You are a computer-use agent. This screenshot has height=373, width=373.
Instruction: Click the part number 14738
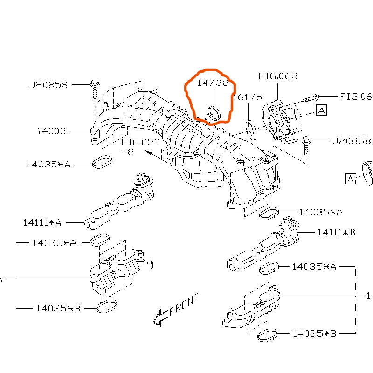tap(213, 83)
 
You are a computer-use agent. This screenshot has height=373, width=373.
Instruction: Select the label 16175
tap(248, 97)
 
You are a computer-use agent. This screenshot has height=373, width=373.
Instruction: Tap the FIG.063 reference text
tap(278, 76)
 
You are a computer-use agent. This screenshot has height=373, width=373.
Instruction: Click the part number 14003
tap(51, 131)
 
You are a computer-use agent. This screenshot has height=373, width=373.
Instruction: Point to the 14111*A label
tap(42, 222)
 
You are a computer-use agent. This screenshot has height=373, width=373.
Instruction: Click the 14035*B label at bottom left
tap(58, 308)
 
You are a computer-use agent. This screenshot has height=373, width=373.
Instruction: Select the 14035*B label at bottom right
tap(315, 333)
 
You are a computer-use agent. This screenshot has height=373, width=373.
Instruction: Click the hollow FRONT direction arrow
tap(160, 318)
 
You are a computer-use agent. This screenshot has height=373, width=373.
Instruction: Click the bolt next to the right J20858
tap(306, 144)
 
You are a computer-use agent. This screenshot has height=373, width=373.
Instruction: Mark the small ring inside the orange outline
tap(214, 112)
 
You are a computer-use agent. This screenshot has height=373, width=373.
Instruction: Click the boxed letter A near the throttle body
tap(322, 110)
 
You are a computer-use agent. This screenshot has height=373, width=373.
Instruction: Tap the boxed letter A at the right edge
tap(350, 178)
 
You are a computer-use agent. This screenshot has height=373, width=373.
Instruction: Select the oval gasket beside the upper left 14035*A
tap(103, 163)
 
